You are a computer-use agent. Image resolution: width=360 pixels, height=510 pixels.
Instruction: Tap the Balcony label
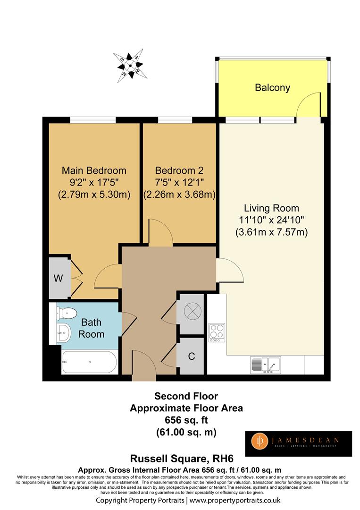click(272, 87)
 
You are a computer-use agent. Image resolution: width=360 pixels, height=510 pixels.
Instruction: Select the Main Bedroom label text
click(94, 170)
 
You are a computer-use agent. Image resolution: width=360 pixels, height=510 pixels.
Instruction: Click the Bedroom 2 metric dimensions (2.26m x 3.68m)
click(179, 195)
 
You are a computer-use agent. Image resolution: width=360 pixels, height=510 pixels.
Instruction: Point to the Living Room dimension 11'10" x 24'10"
click(271, 220)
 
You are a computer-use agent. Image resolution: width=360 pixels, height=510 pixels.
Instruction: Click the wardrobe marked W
click(59, 278)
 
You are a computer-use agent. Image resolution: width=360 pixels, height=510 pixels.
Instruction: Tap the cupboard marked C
click(192, 356)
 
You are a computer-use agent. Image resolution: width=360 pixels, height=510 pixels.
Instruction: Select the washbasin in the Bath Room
click(64, 333)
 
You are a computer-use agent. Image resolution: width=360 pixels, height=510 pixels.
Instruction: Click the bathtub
click(89, 362)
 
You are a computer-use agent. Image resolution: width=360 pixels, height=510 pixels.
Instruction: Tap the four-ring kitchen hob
click(217, 332)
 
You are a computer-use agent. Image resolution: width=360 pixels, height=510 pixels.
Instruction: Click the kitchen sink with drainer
click(266, 365)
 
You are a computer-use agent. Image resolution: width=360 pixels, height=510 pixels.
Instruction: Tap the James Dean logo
click(298, 443)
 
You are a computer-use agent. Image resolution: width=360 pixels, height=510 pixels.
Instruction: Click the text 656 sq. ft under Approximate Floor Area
click(186, 420)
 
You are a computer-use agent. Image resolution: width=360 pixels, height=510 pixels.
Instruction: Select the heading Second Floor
click(186, 396)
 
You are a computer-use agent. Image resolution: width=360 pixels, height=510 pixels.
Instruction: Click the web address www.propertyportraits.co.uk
click(235, 500)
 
